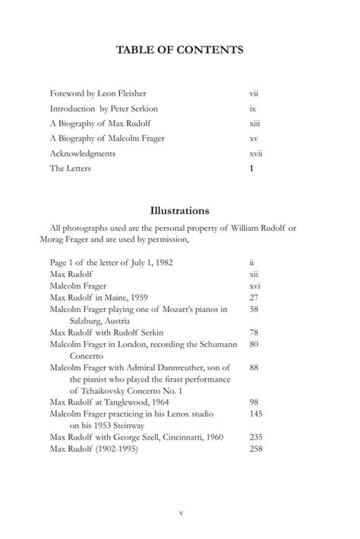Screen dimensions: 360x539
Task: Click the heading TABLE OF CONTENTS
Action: point(179,50)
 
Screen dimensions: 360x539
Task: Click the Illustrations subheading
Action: point(179,210)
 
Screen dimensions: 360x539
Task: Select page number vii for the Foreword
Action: point(254,94)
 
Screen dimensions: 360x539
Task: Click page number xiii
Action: point(254,124)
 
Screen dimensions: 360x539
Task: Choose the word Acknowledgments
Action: point(83,153)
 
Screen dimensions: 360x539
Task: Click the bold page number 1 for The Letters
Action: point(251,169)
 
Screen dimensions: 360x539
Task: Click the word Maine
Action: point(120,299)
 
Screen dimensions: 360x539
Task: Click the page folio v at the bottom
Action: point(180,512)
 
